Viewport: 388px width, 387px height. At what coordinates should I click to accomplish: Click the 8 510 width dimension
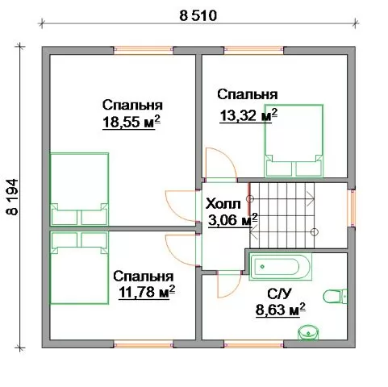click(x=198, y=16)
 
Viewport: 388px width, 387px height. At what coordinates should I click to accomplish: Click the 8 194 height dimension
click(x=12, y=197)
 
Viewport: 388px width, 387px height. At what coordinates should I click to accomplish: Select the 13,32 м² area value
click(x=248, y=115)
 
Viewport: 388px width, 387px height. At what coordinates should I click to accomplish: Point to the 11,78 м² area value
click(x=147, y=293)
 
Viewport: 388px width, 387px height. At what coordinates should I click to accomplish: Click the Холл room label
click(x=223, y=204)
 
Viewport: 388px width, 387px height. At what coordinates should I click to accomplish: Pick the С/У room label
click(x=279, y=294)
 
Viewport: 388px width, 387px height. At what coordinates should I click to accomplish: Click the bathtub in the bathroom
click(x=281, y=267)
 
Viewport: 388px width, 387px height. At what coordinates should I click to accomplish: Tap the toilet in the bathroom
click(x=335, y=297)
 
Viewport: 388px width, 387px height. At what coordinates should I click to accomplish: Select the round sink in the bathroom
click(x=308, y=332)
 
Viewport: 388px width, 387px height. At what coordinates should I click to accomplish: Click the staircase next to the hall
click(x=282, y=215)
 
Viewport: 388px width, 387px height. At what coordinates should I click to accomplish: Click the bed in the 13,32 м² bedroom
click(x=294, y=140)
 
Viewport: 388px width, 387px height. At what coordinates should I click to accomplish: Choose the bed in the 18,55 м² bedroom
click(x=79, y=189)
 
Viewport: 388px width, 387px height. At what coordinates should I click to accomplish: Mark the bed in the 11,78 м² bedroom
click(x=79, y=268)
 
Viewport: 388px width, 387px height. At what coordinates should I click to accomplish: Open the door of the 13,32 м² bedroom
click(x=221, y=164)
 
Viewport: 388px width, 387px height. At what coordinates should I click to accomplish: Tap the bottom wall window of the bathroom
click(x=253, y=344)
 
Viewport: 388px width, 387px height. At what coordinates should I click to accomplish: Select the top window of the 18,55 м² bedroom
click(x=143, y=50)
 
